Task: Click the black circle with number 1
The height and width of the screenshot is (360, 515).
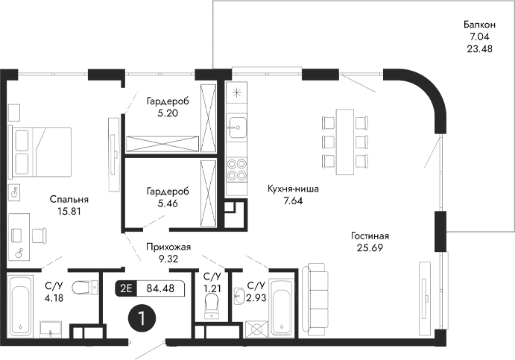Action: click(141, 318)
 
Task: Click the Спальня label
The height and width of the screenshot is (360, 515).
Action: click(69, 199)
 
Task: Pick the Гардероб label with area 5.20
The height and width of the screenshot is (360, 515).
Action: click(168, 101)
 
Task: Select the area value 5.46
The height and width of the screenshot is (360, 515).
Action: click(168, 203)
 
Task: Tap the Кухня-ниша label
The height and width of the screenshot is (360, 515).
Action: click(293, 189)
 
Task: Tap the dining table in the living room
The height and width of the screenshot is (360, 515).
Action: click(345, 139)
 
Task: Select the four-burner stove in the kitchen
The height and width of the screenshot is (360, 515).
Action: click(236, 171)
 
